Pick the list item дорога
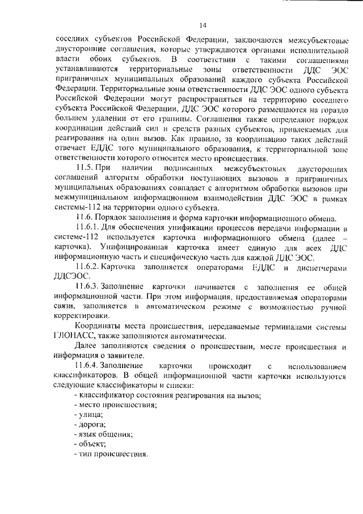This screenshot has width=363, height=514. (x=88, y=424)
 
